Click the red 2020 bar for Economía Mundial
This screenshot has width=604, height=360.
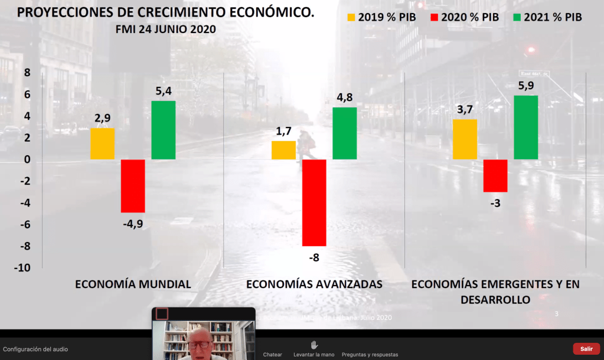pyautogui.click(x=133, y=186)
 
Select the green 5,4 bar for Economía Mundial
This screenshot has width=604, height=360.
pyautogui.click(x=163, y=130)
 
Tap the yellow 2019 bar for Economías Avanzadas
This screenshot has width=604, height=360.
pyautogui.click(x=283, y=150)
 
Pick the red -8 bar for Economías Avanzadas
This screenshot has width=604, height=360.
pyautogui.click(x=314, y=202)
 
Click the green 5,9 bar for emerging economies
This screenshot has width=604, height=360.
pyautogui.click(x=525, y=127)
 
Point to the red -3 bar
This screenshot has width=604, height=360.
pyautogui.click(x=495, y=176)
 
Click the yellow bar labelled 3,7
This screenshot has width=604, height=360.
pyautogui.click(x=465, y=139)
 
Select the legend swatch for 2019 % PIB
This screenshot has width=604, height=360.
pyautogui.click(x=351, y=17)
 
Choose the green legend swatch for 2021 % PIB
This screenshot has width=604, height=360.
pyautogui.click(x=517, y=17)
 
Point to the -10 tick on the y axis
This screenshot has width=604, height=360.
pyautogui.click(x=22, y=267)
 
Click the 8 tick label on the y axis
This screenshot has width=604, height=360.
pyautogui.click(x=26, y=73)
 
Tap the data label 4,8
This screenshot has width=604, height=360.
pyautogui.click(x=344, y=97)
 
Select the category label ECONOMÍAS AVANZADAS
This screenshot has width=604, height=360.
pyautogui.click(x=314, y=284)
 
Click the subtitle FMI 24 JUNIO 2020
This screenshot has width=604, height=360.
pyautogui.click(x=166, y=29)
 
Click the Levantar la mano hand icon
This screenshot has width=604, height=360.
pyautogui.click(x=314, y=345)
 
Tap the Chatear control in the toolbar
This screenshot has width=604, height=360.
pyautogui.click(x=273, y=354)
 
